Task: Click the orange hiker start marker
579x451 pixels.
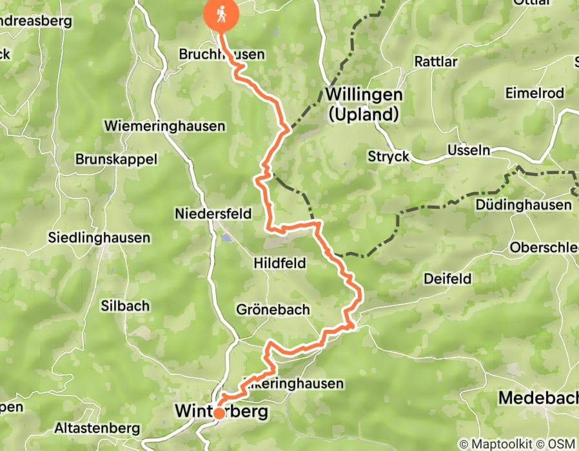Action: click(221, 15)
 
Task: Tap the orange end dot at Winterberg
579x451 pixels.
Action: click(219, 413)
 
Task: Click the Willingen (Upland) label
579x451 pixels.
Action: click(364, 104)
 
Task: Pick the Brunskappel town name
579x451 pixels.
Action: click(115, 158)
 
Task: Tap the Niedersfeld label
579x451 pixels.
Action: click(213, 214)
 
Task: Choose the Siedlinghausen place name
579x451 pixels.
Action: click(99, 238)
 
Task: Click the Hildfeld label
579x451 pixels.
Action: click(279, 263)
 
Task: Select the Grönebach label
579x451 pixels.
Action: click(273, 310)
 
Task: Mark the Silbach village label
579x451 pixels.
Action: click(125, 306)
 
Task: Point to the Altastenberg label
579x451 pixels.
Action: click(97, 428)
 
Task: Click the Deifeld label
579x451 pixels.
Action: click(447, 279)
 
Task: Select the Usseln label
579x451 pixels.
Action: click(469, 151)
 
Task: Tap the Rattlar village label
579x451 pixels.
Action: click(436, 62)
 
